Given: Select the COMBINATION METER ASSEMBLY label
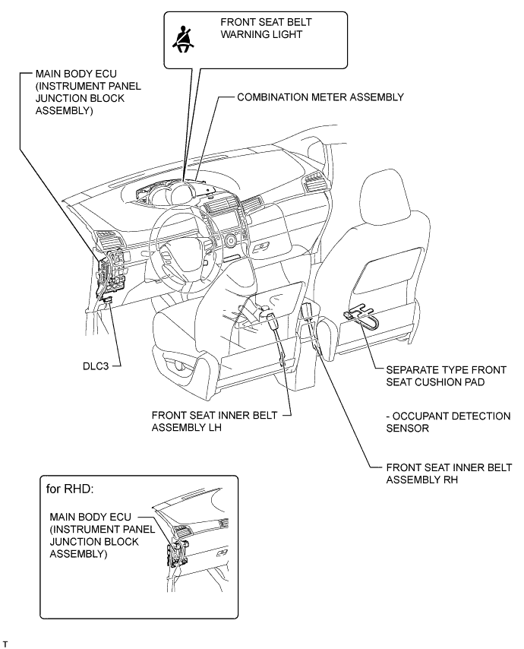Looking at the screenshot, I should coord(320,97).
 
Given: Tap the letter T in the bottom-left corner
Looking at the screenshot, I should coord(5,642).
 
